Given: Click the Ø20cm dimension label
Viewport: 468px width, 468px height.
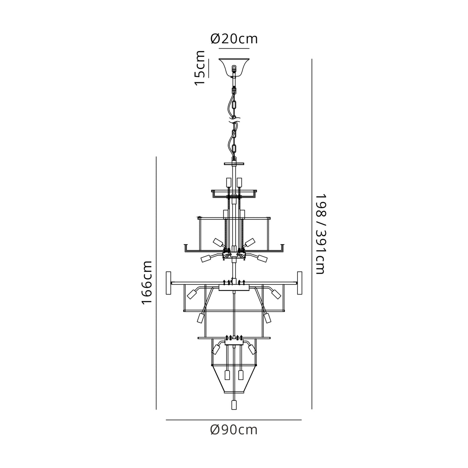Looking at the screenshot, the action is [234, 39].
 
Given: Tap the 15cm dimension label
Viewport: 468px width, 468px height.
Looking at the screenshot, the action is [200, 68].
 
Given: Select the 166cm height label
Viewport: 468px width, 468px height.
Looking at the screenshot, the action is [147, 283].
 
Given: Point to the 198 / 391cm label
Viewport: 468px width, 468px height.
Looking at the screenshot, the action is [320, 234].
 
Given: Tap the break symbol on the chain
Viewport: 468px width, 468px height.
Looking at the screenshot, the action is [234, 119].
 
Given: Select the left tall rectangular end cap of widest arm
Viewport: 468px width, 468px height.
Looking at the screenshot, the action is [168, 283].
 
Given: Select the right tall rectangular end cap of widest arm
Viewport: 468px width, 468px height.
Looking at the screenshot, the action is [300, 283].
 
